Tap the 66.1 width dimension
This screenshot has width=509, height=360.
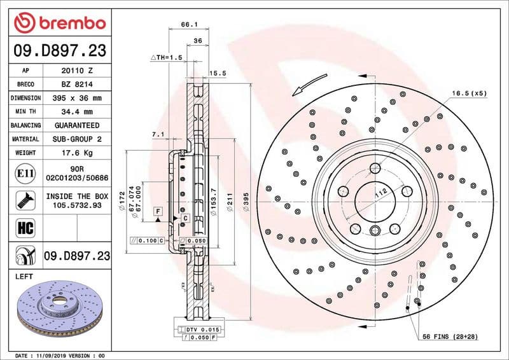pyautogui.click(x=187, y=24)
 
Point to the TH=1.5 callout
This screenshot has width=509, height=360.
pyautogui.click(x=167, y=57)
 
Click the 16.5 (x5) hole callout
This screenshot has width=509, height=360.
pyautogui.click(x=469, y=93)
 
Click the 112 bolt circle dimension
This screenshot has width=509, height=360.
pyautogui.click(x=380, y=194)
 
